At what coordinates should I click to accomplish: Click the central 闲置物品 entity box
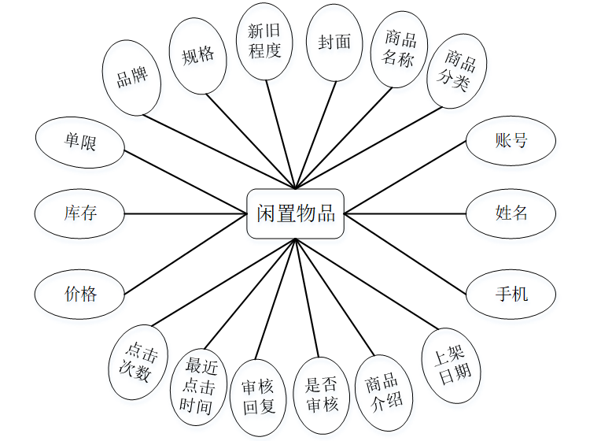pyautogui.click(x=296, y=213)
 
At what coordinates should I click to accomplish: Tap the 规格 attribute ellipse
pyautogui.click(x=197, y=56)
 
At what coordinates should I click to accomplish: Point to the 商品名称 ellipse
pyautogui.click(x=400, y=50)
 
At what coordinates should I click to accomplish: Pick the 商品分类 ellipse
pyautogui.click(x=456, y=70)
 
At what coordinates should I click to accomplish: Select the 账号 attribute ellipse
pyautogui.click(x=511, y=141)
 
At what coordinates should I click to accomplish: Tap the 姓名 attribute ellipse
pyautogui.click(x=511, y=213)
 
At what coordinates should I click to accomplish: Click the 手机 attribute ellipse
pyautogui.click(x=511, y=295)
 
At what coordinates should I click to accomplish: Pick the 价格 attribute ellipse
pyautogui.click(x=80, y=295)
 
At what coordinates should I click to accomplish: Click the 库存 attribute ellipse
pyautogui.click(x=80, y=213)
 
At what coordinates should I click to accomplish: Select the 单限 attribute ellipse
pyautogui.click(x=80, y=141)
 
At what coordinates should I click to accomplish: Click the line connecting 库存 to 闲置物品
pyautogui.click(x=186, y=213)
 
